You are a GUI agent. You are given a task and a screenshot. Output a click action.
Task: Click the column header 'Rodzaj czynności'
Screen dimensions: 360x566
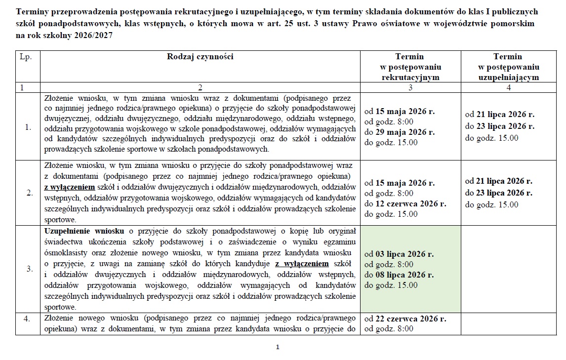(200, 56)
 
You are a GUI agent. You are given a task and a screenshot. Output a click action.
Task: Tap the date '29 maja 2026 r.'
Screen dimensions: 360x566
(405, 132)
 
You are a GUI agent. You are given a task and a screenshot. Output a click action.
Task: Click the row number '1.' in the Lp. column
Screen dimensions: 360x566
(28, 127)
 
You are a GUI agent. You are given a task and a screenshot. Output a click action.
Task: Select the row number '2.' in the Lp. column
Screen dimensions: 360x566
(28, 192)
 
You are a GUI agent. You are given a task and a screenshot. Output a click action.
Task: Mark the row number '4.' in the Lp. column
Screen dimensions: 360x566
(28, 319)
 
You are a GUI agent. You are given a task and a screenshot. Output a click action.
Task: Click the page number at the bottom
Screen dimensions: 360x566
(278, 347)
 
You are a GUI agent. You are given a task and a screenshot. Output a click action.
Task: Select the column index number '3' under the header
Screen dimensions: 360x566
(410, 87)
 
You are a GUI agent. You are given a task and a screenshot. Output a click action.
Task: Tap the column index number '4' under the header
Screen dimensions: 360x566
(509, 87)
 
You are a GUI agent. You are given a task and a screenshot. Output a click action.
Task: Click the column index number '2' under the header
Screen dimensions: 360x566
(200, 87)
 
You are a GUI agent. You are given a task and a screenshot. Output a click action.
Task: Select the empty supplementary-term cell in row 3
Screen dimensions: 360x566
(509, 269)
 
